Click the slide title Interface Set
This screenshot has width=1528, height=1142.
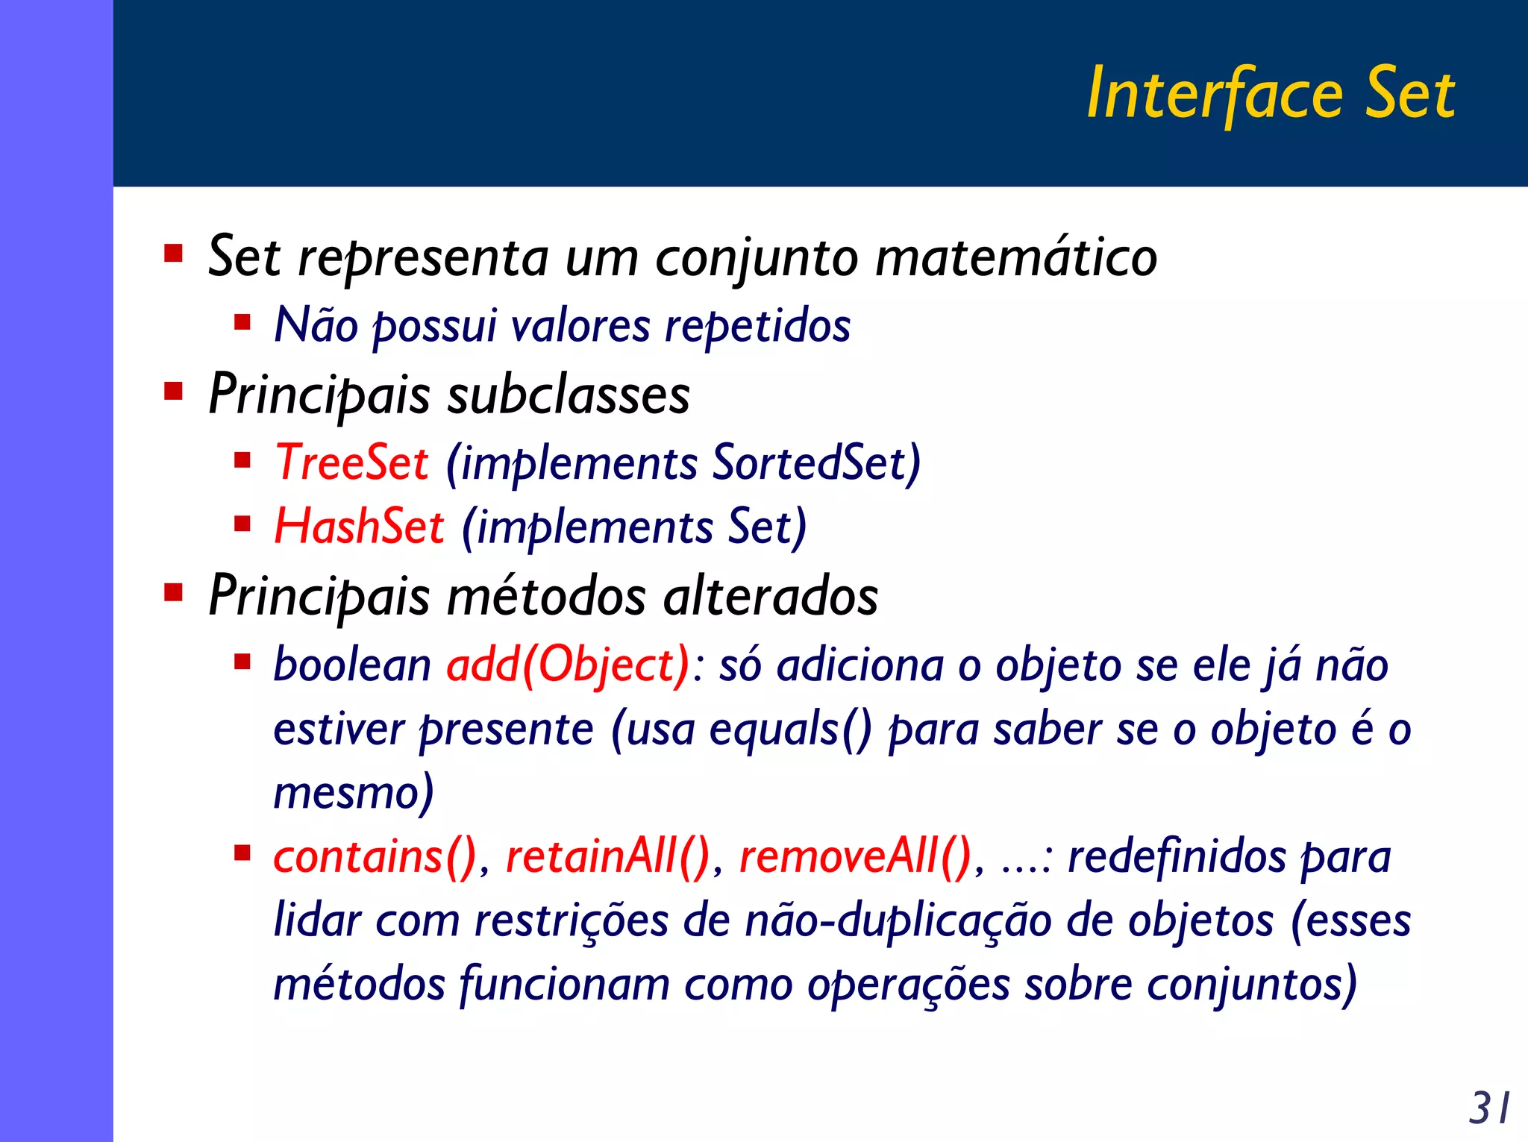coord(1270,93)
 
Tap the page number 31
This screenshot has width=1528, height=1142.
coord(1489,1108)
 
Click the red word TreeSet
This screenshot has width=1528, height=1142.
coord(351,462)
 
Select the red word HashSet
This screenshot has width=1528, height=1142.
coord(359,527)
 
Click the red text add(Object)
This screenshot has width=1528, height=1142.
coord(569,665)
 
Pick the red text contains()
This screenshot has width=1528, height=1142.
coord(375,856)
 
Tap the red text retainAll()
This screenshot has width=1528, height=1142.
coord(608,856)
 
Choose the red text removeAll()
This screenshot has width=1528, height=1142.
coord(855,856)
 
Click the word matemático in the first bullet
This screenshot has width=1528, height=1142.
coord(1015,258)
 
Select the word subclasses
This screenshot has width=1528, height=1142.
coord(568,395)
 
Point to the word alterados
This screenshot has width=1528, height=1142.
coord(770,597)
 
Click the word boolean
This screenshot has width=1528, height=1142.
coord(352,665)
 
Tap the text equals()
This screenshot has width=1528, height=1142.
coord(790,729)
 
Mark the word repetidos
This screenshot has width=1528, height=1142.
coord(757,326)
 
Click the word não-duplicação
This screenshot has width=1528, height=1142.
coord(898,920)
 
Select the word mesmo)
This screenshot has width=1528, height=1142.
coord(354,793)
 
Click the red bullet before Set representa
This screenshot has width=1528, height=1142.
coord(174,254)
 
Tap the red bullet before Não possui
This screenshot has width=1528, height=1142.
coord(242,322)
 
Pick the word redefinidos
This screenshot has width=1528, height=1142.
coord(1177,856)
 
